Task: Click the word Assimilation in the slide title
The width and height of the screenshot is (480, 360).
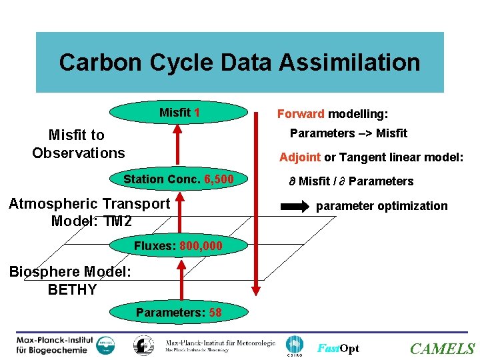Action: (x=349, y=63)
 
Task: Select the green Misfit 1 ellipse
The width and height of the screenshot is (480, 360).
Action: (x=179, y=112)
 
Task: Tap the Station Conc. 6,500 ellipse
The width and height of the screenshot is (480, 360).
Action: (x=178, y=179)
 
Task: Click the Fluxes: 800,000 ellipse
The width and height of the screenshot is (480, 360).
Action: (x=178, y=246)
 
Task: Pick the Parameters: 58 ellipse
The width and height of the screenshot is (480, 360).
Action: (x=178, y=312)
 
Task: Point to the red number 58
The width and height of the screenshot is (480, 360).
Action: (x=215, y=312)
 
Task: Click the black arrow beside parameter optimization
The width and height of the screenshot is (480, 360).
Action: (x=293, y=205)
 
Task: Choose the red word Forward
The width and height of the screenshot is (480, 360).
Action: (x=301, y=114)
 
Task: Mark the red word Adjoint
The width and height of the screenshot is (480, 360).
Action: (x=300, y=157)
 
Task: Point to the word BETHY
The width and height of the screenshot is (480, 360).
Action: (x=72, y=290)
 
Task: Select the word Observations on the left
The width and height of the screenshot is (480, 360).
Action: (x=78, y=153)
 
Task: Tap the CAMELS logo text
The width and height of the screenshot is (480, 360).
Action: (x=442, y=349)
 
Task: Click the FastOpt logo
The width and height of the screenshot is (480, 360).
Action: (x=338, y=349)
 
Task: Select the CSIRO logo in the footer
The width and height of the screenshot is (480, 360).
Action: (x=294, y=345)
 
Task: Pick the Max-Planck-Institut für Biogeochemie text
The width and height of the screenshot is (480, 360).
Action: (x=55, y=345)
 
